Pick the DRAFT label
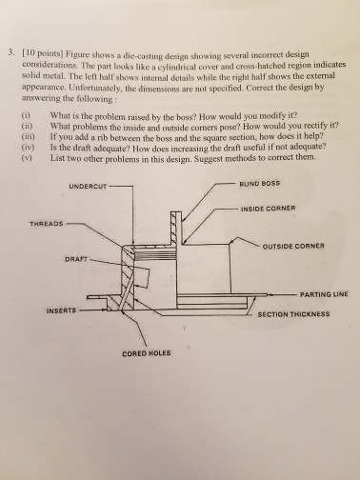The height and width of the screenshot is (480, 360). coord(76,257)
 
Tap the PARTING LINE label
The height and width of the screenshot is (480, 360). coord(322,295)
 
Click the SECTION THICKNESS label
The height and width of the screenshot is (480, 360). coord(293,313)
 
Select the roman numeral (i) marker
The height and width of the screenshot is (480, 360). coord(30,115)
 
